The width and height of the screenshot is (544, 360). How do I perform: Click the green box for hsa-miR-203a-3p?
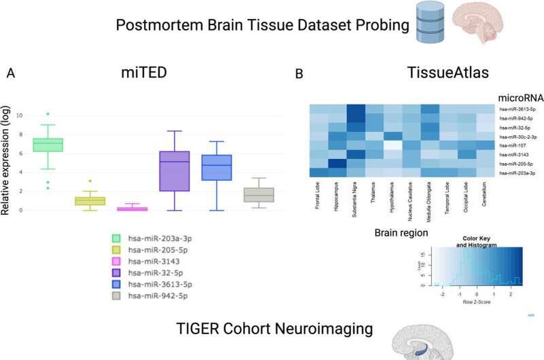pos(48,145)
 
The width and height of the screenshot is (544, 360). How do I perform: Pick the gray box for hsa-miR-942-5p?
pos(259,194)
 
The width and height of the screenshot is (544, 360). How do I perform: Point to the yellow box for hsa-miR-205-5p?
pos(90,201)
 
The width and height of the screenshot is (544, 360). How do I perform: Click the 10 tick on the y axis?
pos(20,115)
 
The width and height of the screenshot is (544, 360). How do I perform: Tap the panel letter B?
pos(299,73)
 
